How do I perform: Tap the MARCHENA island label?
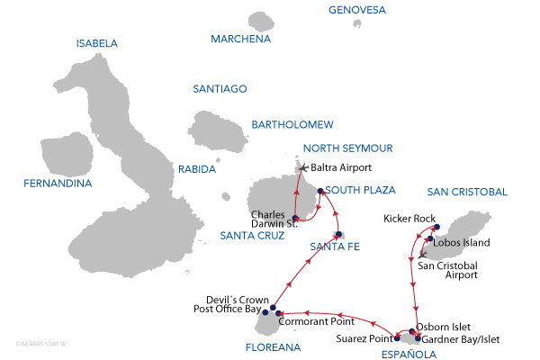coord(240,39)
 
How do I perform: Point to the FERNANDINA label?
coord(58,184)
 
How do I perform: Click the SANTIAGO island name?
coord(220,88)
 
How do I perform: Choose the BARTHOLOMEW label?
coord(292,123)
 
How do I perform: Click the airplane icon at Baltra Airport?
coord(303,167)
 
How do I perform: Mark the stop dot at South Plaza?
coord(320,191)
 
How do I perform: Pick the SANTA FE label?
coord(334,247)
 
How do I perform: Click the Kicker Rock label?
coord(409,218)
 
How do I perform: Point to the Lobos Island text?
coord(463,242)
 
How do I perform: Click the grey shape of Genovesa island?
coord(358,24)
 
